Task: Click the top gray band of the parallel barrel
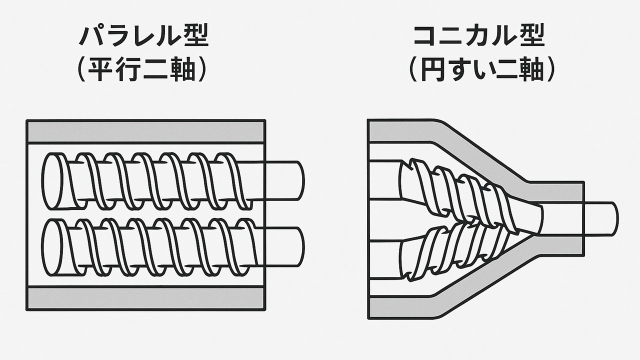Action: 145,131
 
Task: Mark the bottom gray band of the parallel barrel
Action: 145,298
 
